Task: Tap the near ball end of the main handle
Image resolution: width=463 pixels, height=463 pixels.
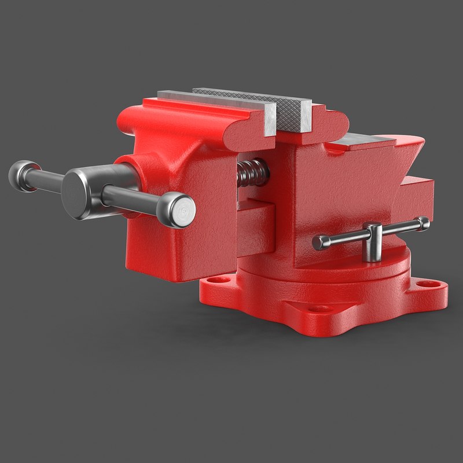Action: (177, 210)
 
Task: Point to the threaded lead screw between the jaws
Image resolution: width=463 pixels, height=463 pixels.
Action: (251, 172)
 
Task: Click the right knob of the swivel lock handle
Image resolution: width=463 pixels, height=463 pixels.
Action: (424, 223)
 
